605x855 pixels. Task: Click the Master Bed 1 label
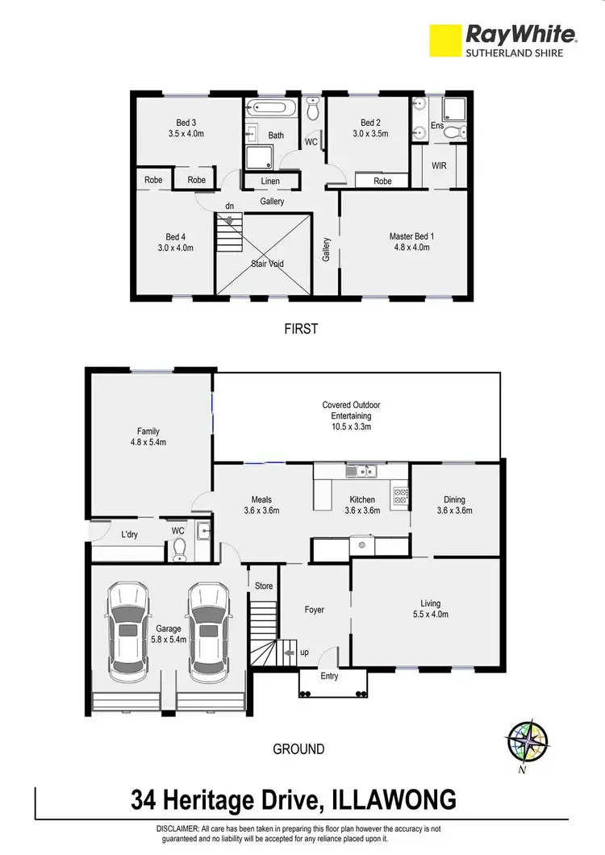coord(411,236)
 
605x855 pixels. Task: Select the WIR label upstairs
coord(439,166)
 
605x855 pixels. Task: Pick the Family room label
coord(146,430)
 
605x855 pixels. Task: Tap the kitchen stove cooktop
coord(399,496)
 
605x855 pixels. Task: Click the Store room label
coord(264,586)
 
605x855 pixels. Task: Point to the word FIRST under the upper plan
coord(300,329)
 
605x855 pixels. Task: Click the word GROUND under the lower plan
coord(299,749)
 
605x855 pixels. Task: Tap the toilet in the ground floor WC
coord(181,548)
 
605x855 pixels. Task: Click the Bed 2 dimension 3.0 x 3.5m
coord(369,134)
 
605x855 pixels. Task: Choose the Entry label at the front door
coord(329,676)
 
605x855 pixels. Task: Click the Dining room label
coord(454,500)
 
